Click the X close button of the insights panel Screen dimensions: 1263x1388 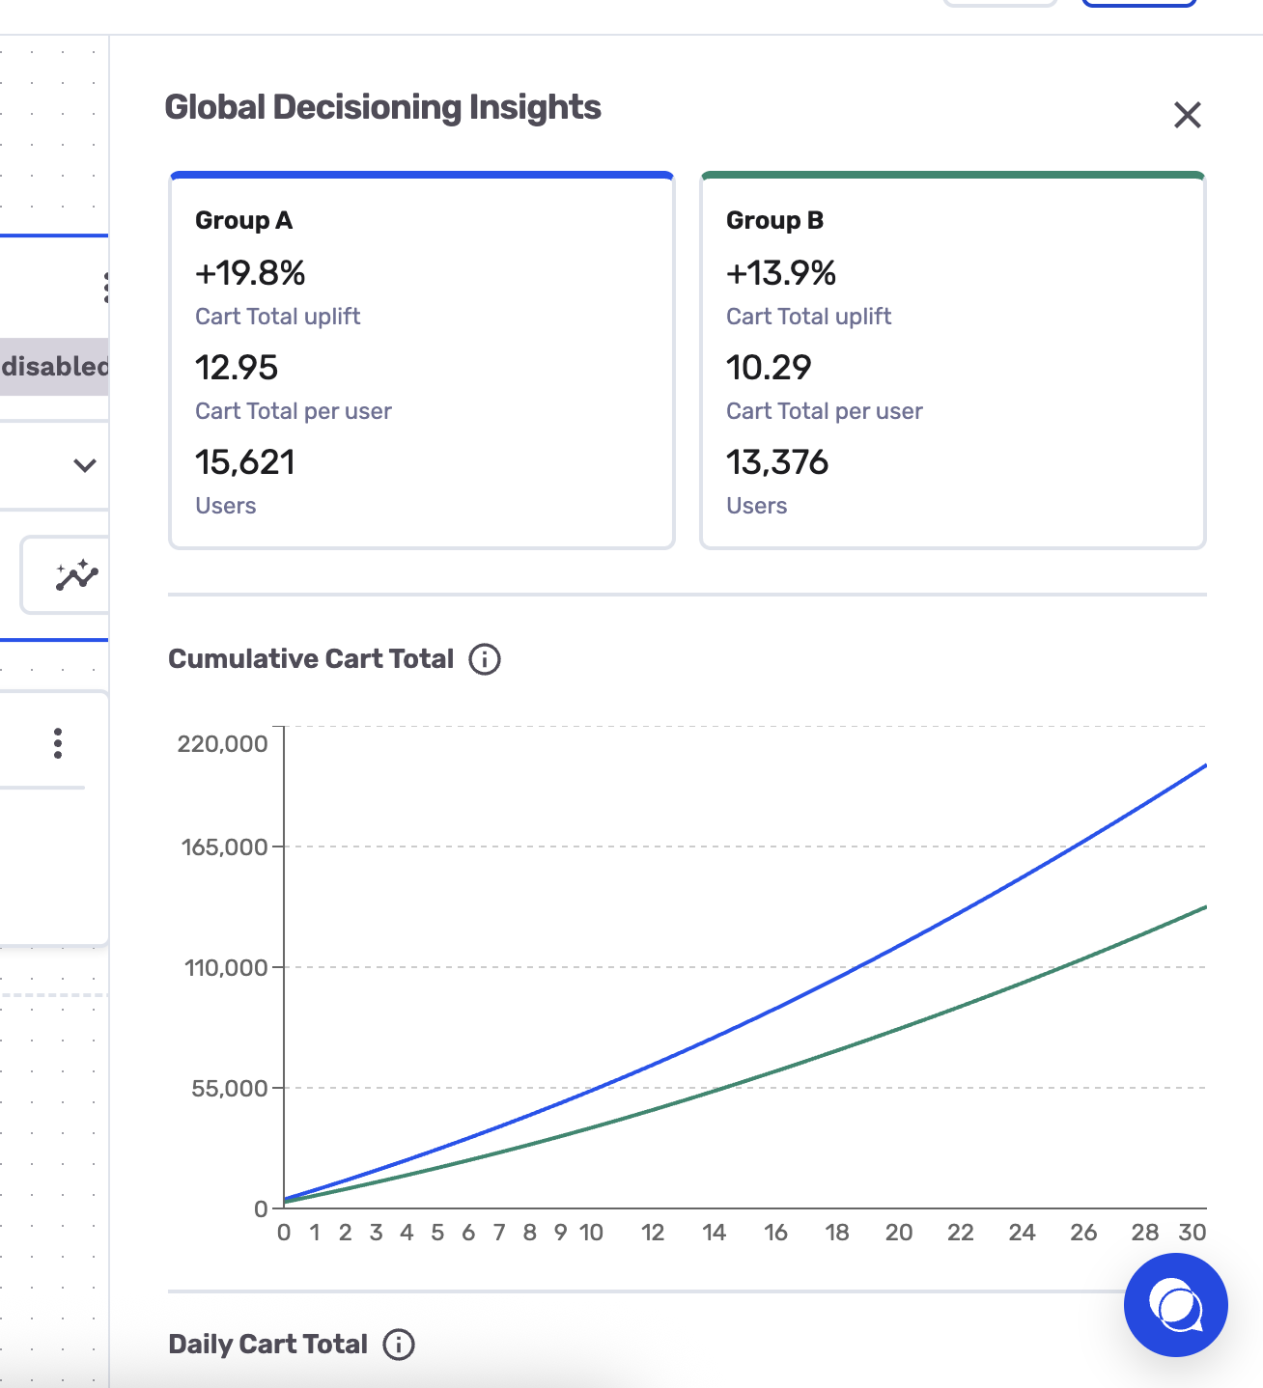[1188, 115]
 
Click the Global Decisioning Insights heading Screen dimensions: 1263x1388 [383, 108]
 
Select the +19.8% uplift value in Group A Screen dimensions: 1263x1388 [250, 272]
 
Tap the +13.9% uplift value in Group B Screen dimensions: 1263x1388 [781, 272]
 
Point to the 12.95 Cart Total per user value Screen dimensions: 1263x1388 [237, 368]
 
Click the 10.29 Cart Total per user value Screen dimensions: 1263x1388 [769, 368]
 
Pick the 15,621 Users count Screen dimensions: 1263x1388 [245, 462]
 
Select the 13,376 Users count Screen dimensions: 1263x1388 [777, 462]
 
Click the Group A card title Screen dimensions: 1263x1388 [243, 221]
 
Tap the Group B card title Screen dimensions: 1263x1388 [774, 221]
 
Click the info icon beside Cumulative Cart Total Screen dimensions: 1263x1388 [485, 658]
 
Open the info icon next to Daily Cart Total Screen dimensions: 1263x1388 [399, 1345]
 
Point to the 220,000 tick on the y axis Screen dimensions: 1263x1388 [222, 744]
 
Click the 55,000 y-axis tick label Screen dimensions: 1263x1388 [229, 1089]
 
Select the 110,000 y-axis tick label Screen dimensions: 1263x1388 [226, 967]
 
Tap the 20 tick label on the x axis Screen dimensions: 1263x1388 [899, 1233]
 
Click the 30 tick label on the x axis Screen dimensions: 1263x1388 [1193, 1233]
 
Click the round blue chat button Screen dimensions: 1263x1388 [1176, 1305]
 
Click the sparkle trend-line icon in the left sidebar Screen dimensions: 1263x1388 [77, 575]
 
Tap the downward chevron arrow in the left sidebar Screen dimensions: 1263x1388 [84, 465]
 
